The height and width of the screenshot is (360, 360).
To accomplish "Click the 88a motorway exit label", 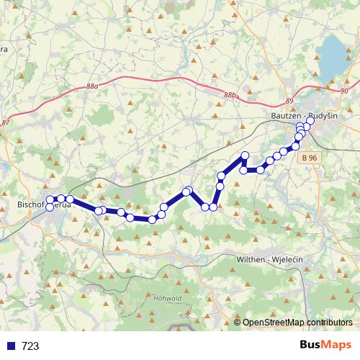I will click(91, 86).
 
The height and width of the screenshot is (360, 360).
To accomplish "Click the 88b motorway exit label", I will click(229, 95).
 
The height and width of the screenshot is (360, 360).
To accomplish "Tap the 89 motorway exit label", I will click(289, 101).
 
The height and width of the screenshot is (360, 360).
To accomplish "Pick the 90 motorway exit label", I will click(343, 91).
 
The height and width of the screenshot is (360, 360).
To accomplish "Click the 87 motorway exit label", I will click(6, 123).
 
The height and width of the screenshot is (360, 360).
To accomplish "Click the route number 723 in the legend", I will click(30, 346).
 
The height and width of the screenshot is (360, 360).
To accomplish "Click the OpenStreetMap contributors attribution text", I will click(297, 323).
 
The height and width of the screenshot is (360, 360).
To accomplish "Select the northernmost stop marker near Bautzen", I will click(310, 121).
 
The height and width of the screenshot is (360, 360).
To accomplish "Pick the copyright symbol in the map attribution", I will click(238, 323).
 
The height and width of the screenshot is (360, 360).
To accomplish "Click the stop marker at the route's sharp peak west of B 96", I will click(245, 156).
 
